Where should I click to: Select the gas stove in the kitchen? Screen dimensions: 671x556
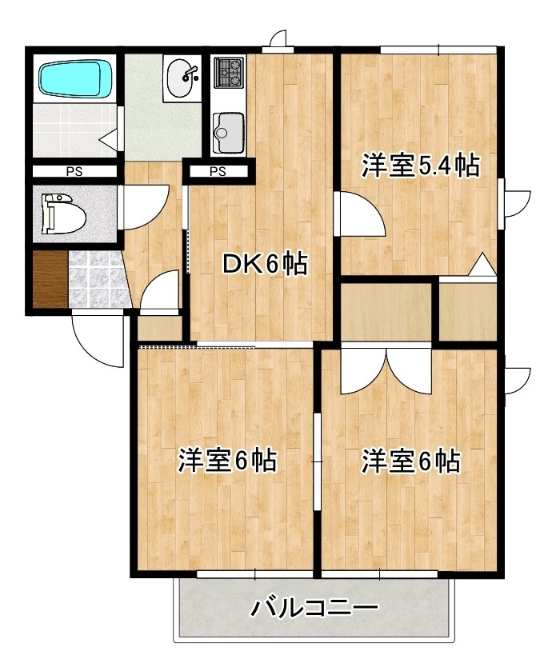click(230, 72)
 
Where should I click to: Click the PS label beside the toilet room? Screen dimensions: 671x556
click(73, 170)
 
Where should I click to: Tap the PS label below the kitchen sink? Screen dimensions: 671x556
click(218, 170)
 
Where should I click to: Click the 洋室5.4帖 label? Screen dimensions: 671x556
click(420, 166)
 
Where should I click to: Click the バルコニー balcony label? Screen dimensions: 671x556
click(314, 609)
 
